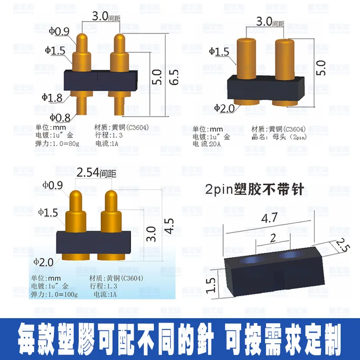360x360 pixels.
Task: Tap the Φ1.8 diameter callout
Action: coord(52,97)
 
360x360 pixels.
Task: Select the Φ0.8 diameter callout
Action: coord(60,118)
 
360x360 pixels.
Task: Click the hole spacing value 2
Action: coord(273,238)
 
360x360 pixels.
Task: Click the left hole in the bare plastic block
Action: coord(250,261)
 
